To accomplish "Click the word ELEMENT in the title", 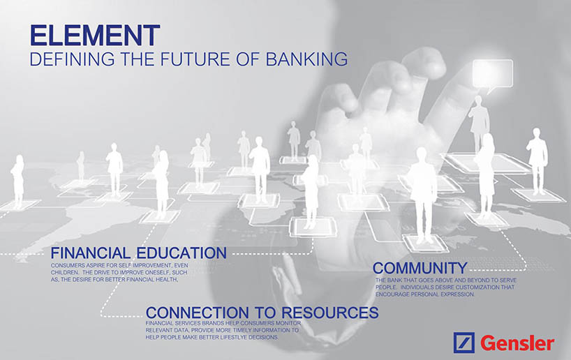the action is (x=95, y=36).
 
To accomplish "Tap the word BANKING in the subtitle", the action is (x=306, y=59).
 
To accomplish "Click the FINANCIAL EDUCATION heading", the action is (x=138, y=253).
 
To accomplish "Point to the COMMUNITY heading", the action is (x=420, y=269).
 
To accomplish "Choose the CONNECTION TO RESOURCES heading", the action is (x=262, y=313).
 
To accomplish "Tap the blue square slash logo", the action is (x=464, y=343).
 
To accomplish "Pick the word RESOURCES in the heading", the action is (x=330, y=313).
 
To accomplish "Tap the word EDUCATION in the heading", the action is (x=181, y=253).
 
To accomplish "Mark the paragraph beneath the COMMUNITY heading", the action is (x=446, y=287).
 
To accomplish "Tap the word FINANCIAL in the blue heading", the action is (x=90, y=253).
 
